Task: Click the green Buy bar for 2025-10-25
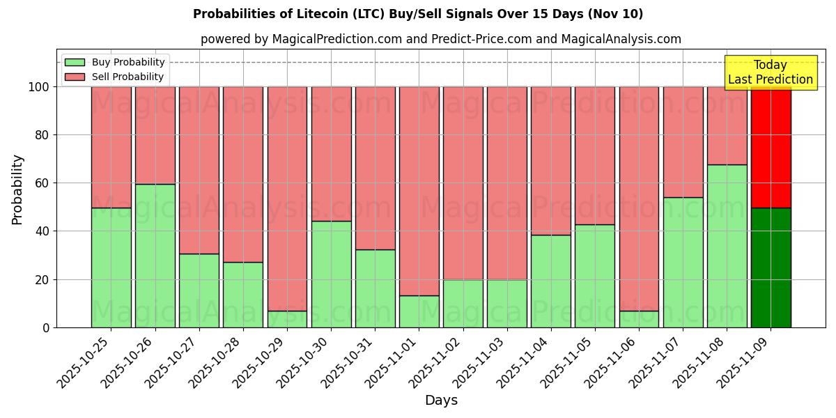pos(111,268)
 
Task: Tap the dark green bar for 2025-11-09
pos(771,268)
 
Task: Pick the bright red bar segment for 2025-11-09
pos(771,147)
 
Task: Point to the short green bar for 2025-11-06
pos(639,319)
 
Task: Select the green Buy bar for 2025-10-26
pos(155,256)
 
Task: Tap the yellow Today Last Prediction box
pos(770,72)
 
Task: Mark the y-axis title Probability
pos(17,189)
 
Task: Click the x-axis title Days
pos(441,401)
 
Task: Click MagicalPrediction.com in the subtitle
pos(336,39)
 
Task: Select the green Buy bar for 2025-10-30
pos(331,274)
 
